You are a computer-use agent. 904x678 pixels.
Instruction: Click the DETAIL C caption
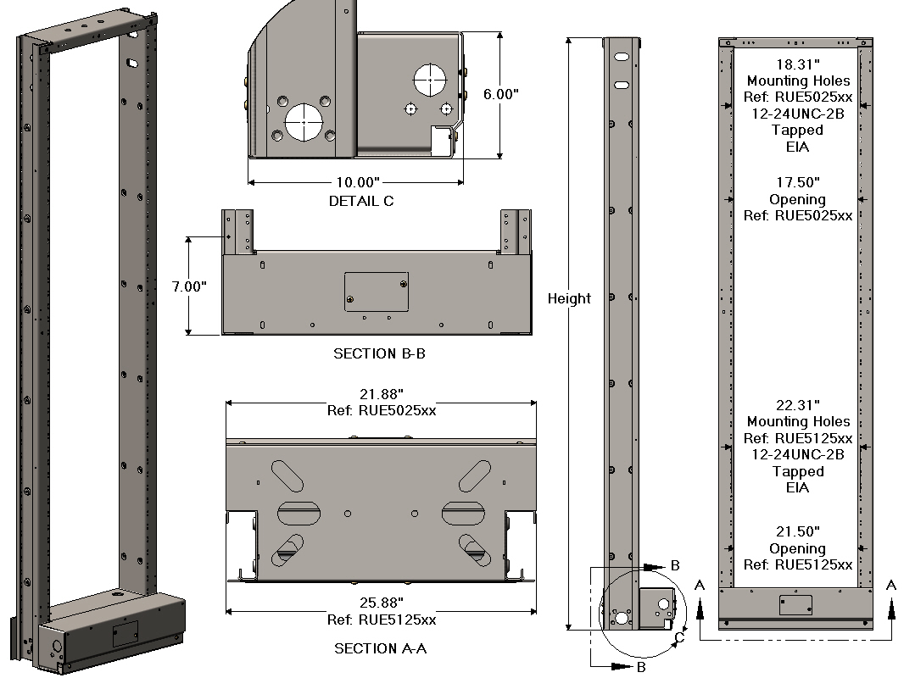tap(361, 202)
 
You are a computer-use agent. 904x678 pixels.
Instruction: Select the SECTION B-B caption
tap(379, 353)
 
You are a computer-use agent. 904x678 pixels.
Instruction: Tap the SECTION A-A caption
tap(380, 648)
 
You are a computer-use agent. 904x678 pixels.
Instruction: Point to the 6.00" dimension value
tap(500, 95)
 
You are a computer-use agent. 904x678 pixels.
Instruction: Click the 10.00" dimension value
tap(356, 182)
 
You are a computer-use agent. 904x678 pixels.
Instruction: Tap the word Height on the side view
tap(569, 298)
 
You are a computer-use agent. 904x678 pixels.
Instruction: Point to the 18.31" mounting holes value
tap(797, 64)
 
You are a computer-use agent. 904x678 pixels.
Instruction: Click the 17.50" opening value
tap(797, 182)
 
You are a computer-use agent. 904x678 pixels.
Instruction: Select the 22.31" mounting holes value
tap(797, 405)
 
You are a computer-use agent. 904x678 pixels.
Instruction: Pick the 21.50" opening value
tap(797, 531)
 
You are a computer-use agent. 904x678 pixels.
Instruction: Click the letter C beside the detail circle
tap(679, 638)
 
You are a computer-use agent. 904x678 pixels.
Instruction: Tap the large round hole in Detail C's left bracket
tap(301, 121)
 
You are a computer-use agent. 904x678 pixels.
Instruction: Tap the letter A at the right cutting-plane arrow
tap(890, 585)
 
